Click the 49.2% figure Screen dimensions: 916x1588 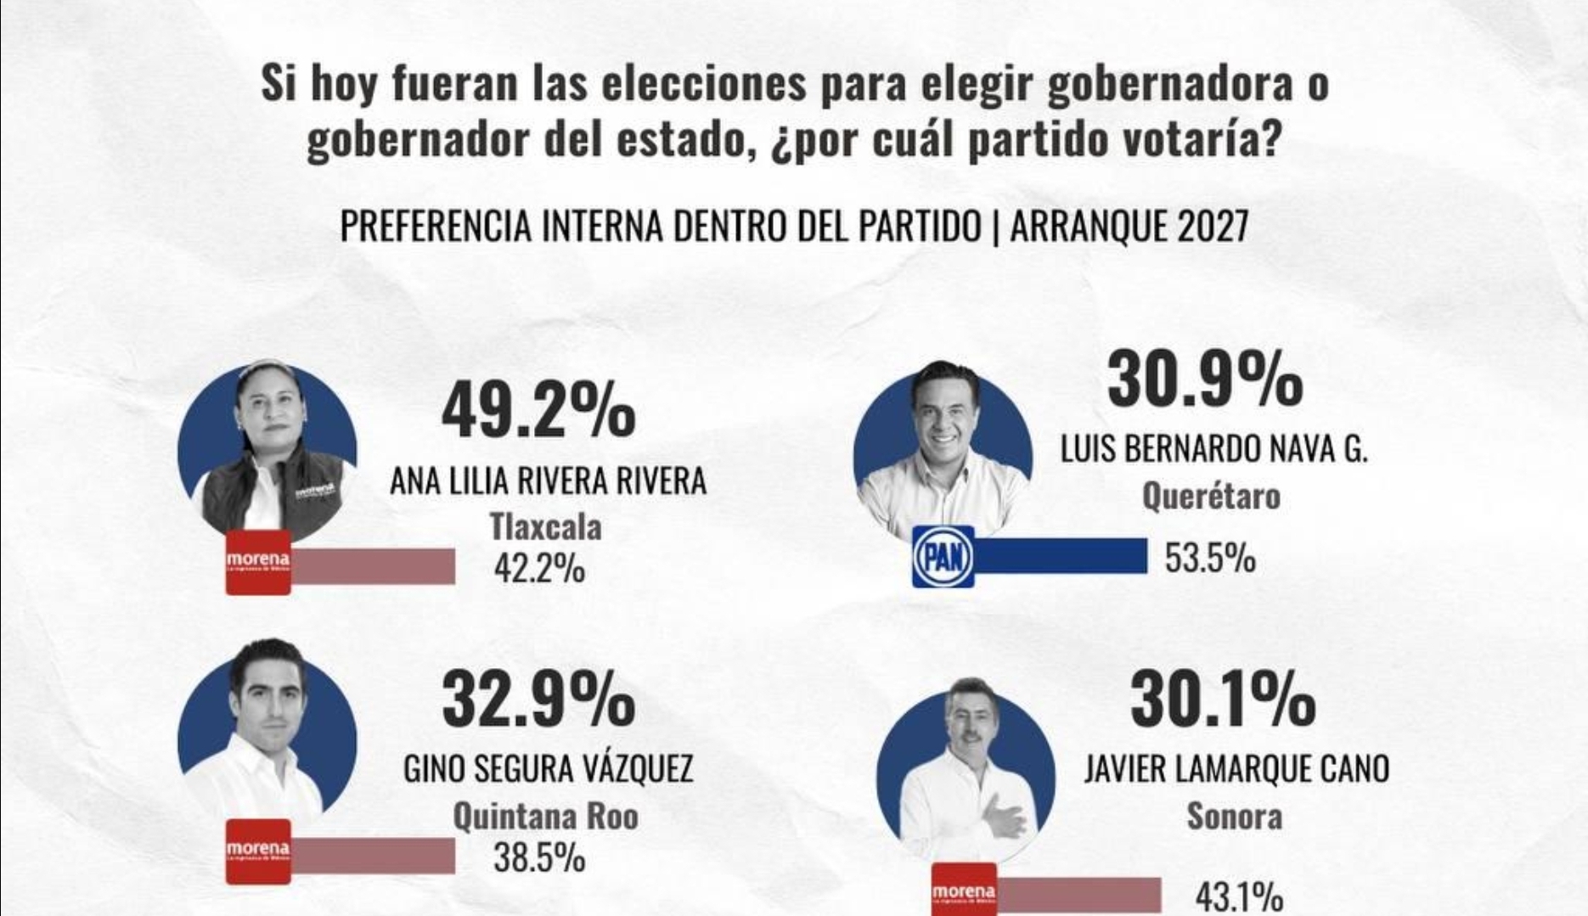click(x=538, y=411)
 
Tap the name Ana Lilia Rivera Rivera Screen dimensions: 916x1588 click(x=548, y=481)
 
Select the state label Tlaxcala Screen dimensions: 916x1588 click(x=545, y=527)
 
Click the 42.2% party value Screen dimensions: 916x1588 click(x=539, y=568)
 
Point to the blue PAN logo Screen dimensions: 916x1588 click(x=943, y=557)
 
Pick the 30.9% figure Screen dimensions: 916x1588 click(x=1204, y=380)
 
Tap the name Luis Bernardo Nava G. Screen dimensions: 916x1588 click(x=1214, y=449)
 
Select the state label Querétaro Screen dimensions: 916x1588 click(x=1211, y=496)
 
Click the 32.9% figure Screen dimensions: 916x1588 click(x=538, y=700)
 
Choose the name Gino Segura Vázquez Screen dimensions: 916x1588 click(x=548, y=769)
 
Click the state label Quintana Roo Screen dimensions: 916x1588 click(x=545, y=817)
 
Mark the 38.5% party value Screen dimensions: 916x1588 click(x=539, y=857)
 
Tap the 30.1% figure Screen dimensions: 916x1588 click(x=1223, y=700)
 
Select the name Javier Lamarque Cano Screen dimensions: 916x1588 click(x=1236, y=769)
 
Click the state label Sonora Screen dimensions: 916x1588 click(x=1234, y=817)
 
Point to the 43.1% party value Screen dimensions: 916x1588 click(x=1239, y=896)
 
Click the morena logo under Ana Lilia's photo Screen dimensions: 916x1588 click(x=258, y=562)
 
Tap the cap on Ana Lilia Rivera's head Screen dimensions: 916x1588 click(x=267, y=372)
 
